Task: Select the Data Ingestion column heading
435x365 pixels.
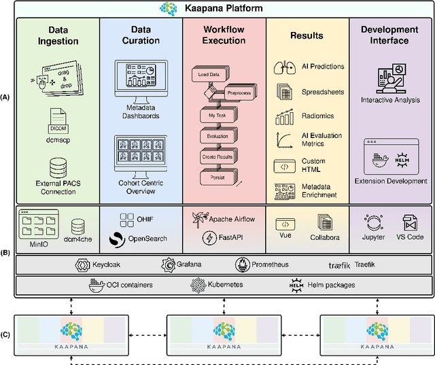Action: [57, 35]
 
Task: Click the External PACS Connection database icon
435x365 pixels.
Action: [57, 167]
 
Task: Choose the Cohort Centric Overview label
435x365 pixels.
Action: [141, 188]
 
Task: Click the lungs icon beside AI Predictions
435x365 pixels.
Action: [281, 67]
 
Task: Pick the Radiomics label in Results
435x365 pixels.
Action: [317, 116]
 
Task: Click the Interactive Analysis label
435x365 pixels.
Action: [389, 100]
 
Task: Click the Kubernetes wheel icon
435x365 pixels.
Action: [197, 285]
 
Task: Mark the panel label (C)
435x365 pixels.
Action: [6, 334]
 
